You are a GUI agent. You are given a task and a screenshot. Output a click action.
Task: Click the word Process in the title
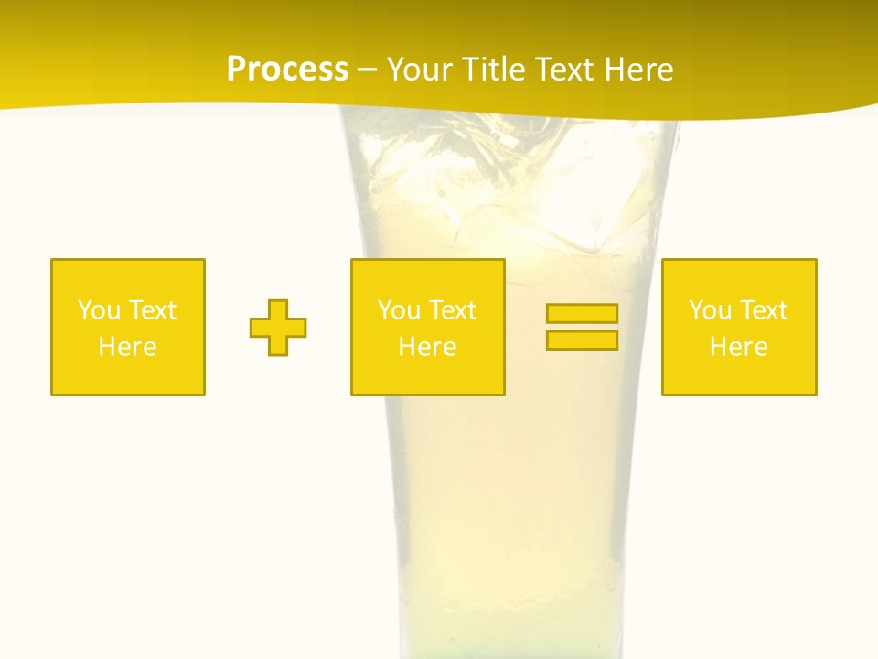pyautogui.click(x=287, y=70)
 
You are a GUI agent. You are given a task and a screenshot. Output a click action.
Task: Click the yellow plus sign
pyautogui.click(x=278, y=327)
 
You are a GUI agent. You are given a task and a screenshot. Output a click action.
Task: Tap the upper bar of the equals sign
pyautogui.click(x=582, y=313)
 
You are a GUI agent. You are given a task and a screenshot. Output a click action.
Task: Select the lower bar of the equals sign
pyautogui.click(x=582, y=340)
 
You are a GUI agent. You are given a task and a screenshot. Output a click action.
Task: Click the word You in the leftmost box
pyautogui.click(x=99, y=310)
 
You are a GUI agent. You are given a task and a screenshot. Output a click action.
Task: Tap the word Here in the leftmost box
pyautogui.click(x=128, y=347)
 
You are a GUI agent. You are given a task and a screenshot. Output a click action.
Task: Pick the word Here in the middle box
pyautogui.click(x=428, y=347)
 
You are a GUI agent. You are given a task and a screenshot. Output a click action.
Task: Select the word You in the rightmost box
pyautogui.click(x=710, y=310)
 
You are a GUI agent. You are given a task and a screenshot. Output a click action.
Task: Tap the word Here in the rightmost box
pyautogui.click(x=739, y=347)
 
